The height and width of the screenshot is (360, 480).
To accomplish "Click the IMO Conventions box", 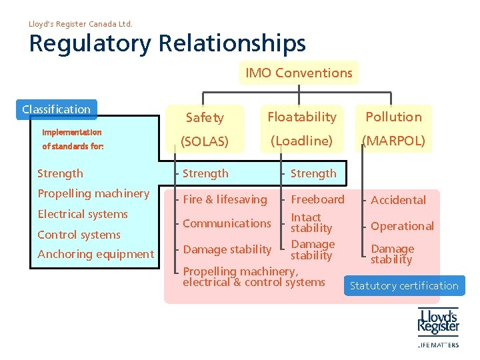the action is (x=298, y=73).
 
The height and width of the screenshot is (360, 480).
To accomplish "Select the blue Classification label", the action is (x=57, y=109).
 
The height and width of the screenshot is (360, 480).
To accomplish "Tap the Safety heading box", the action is (x=205, y=118).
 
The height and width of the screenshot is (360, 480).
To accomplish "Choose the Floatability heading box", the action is (x=302, y=117).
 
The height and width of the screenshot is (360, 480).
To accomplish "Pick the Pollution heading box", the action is (x=393, y=117).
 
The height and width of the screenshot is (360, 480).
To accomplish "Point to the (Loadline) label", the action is (x=301, y=141).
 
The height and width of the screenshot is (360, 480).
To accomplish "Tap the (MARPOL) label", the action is (x=393, y=141).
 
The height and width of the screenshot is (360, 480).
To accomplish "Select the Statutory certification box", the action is (x=404, y=286).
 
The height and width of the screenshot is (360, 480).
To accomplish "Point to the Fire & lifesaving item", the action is (x=225, y=199).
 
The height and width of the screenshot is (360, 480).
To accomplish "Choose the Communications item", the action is (x=227, y=223).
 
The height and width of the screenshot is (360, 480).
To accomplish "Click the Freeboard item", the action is (x=317, y=199).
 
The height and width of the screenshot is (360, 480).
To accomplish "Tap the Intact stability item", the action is (x=311, y=223).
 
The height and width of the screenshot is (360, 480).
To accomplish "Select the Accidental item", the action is (x=398, y=200).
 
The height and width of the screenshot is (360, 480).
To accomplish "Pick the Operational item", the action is (x=402, y=226).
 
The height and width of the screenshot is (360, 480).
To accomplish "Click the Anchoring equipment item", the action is (x=95, y=254).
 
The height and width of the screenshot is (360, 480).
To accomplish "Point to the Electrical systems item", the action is (x=83, y=214).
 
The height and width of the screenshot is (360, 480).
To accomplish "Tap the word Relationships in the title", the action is (x=233, y=44).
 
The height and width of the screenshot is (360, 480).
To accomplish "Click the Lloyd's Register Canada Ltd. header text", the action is (x=81, y=24).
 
